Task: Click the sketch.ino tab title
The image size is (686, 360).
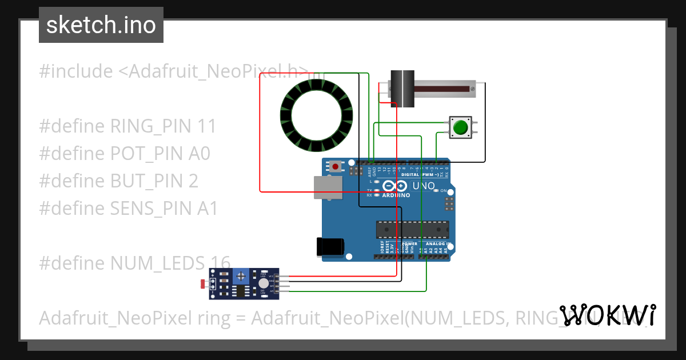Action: coord(101,25)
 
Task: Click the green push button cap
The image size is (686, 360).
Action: coord(461,127)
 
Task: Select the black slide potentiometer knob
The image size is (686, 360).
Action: coord(402,89)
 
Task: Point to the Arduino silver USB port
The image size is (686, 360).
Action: coord(327,187)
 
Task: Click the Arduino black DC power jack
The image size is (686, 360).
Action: coord(331,246)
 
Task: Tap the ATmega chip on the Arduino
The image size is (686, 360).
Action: coord(411,229)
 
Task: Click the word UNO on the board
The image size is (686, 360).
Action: coord(424,186)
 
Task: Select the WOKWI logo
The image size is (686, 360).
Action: coord(607,315)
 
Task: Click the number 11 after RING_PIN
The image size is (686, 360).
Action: coord(206,126)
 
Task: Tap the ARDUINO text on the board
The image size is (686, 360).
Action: coord(396,195)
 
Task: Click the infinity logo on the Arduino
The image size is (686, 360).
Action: coord(396,186)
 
